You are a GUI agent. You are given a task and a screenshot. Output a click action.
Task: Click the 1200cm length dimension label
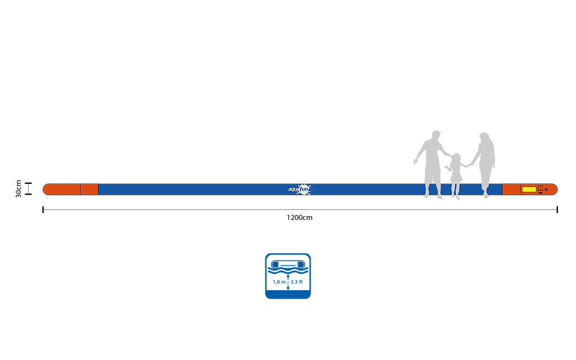[x=299, y=218]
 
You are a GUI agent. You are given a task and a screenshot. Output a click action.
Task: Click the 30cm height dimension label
[x=19, y=189]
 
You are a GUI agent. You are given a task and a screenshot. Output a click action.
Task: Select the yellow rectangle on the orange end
[x=529, y=190]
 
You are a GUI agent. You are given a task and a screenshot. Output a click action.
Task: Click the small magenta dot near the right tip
[x=546, y=190]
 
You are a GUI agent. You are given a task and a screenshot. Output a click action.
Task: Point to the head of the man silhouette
[x=436, y=135]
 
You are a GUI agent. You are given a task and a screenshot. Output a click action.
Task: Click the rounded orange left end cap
[x=61, y=189]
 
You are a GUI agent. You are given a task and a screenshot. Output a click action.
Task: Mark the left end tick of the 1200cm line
[x=43, y=210]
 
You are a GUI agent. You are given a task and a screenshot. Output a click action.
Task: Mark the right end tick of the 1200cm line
[x=557, y=210]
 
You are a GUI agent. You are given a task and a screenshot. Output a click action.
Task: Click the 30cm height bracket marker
[x=28, y=189]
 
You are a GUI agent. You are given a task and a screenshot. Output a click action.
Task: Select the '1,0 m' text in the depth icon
[x=279, y=282]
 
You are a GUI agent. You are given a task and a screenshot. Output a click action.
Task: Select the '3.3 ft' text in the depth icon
[x=297, y=282]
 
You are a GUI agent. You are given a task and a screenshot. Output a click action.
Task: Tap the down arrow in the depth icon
[x=288, y=287]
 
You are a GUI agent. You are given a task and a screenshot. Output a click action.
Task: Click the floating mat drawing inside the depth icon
[x=288, y=264]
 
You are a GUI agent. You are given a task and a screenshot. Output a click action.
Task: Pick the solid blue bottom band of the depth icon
[x=288, y=294]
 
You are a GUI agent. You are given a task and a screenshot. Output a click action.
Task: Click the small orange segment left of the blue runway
[x=89, y=189]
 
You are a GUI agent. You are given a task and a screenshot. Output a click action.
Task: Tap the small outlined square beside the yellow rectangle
[x=541, y=188]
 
